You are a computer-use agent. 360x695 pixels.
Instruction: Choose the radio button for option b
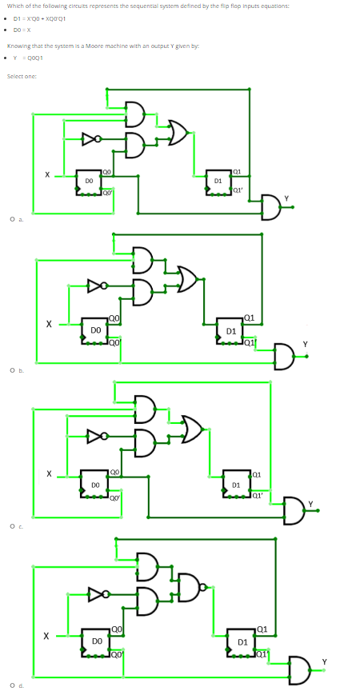point(11,370)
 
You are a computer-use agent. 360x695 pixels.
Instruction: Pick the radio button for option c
point(11,525)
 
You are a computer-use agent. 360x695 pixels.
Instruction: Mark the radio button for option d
point(11,685)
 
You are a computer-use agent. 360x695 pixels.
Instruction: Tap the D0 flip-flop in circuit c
point(94,485)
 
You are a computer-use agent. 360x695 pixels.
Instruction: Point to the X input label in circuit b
point(49,324)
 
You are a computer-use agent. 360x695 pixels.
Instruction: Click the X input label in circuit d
point(49,637)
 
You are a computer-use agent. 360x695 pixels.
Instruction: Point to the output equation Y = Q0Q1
point(28,57)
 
